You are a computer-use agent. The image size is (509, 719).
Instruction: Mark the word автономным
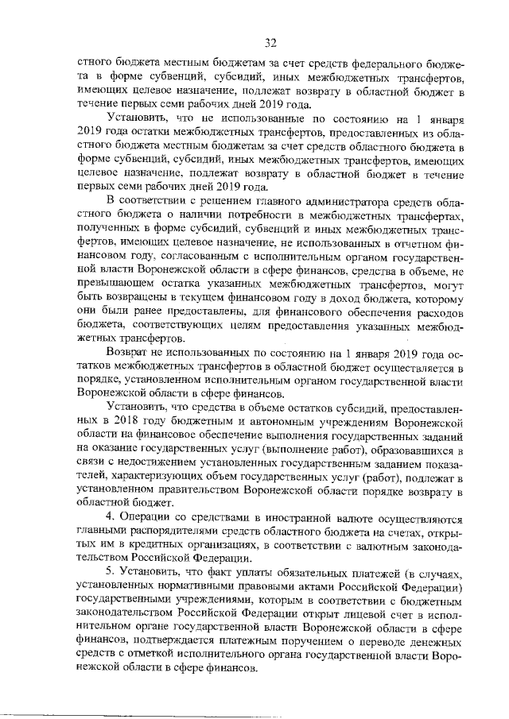tap(271, 422)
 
